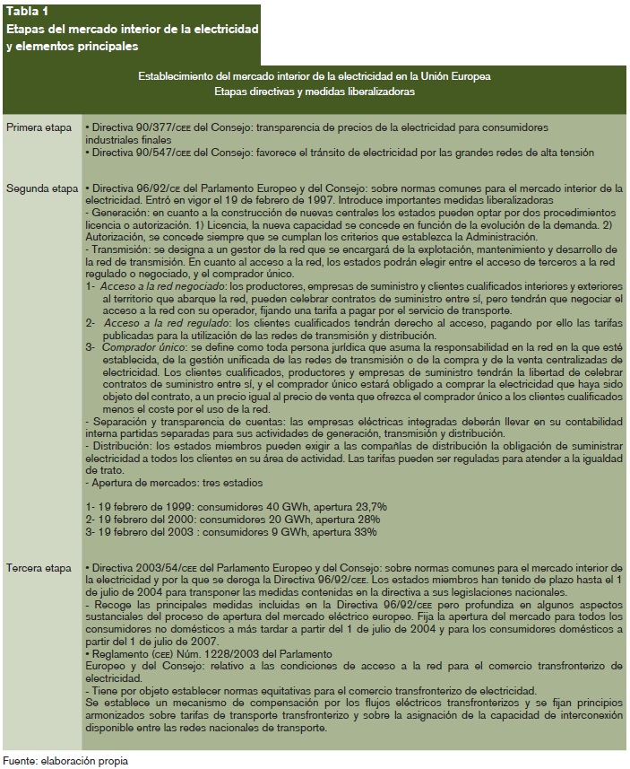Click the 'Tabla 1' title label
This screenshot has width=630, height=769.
pyautogui.click(x=27, y=12)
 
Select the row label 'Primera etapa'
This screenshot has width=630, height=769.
pyautogui.click(x=39, y=127)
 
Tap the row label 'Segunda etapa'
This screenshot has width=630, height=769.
pyautogui.click(x=41, y=189)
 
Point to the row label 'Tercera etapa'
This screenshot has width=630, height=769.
pyautogui.click(x=39, y=569)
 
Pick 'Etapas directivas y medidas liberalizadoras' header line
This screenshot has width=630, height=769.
pyautogui.click(x=315, y=91)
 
